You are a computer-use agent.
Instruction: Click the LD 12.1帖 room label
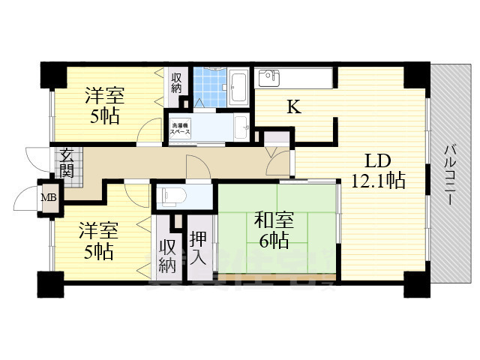pyautogui.click(x=378, y=170)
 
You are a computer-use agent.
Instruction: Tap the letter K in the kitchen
pyautogui.click(x=295, y=107)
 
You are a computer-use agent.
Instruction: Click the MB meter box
pyautogui.click(x=48, y=197)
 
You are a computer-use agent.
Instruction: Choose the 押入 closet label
pyautogui.click(x=199, y=247)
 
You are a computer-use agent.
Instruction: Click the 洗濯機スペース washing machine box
pyautogui.click(x=181, y=128)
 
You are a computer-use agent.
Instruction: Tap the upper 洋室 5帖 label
pyautogui.click(x=103, y=106)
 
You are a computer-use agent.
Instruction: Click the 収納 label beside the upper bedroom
pyautogui.click(x=176, y=82)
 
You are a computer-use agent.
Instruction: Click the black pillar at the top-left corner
pyautogui.click(x=52, y=75)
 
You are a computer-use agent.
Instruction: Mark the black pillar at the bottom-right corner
pyautogui.click(x=415, y=284)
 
